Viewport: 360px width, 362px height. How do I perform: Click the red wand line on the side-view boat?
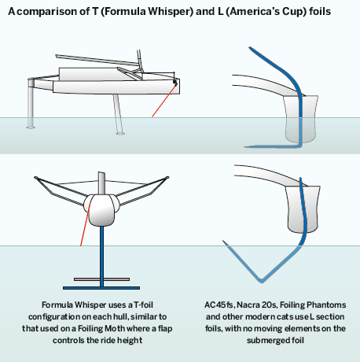[163, 101]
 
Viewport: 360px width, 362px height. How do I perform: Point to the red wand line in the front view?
[85, 224]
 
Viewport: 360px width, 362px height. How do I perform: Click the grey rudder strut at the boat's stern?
[31, 104]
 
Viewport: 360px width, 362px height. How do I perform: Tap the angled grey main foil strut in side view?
[118, 114]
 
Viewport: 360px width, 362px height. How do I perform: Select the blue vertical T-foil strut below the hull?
[101, 257]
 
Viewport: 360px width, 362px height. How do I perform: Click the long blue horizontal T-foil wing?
[101, 288]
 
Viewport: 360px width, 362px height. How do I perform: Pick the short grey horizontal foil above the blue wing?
[101, 279]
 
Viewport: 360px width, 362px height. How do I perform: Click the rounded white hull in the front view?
[101, 210]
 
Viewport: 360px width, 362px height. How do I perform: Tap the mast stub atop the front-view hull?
[101, 183]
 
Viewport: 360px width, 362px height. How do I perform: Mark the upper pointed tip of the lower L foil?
[223, 241]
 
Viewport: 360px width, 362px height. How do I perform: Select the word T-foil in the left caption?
[143, 305]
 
